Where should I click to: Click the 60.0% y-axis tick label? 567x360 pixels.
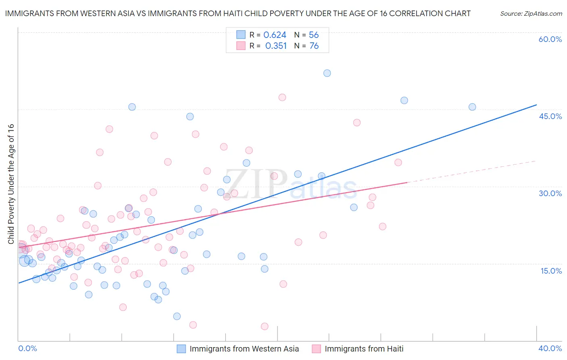[x=550, y=40]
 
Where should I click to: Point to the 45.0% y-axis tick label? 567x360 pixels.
[x=550, y=117]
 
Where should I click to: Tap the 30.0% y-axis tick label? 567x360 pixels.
[x=550, y=194]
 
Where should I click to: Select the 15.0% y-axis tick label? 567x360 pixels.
[x=551, y=271]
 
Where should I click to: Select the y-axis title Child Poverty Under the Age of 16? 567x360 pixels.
[x=11, y=184]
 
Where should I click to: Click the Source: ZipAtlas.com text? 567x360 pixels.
[x=531, y=14]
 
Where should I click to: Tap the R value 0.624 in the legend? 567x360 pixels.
[x=275, y=35]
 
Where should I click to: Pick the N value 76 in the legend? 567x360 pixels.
[x=314, y=46]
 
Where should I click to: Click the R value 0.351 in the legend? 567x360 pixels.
[x=276, y=46]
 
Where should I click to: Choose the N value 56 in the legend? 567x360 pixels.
[x=314, y=35]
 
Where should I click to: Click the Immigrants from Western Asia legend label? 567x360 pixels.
[x=244, y=349]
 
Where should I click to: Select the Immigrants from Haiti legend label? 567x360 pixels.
[x=364, y=349]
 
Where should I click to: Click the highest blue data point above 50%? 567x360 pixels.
[x=327, y=73]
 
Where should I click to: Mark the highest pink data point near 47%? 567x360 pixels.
[x=282, y=97]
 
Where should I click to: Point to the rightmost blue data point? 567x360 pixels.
[x=472, y=107]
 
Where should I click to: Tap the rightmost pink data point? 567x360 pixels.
[x=398, y=163]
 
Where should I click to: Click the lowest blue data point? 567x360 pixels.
[x=177, y=316]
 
